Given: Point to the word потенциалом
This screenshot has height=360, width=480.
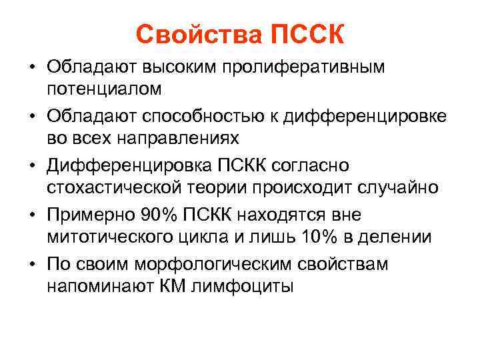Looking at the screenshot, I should [104, 89].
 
